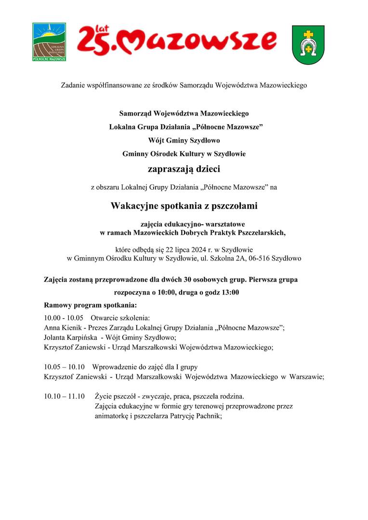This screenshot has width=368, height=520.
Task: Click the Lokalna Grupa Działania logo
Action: click(x=49, y=42)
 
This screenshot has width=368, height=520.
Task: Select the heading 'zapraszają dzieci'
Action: click(x=184, y=169)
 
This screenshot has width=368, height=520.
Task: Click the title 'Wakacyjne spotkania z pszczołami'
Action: click(x=184, y=206)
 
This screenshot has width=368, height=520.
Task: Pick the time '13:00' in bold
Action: click(x=230, y=292)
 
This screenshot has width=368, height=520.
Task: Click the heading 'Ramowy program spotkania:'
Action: click(x=91, y=305)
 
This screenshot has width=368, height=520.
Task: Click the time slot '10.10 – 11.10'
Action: click(x=64, y=397)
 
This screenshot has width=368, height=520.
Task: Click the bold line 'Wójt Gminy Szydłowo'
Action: click(x=184, y=141)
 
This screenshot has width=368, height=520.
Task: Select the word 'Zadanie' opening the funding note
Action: click(x=73, y=86)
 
